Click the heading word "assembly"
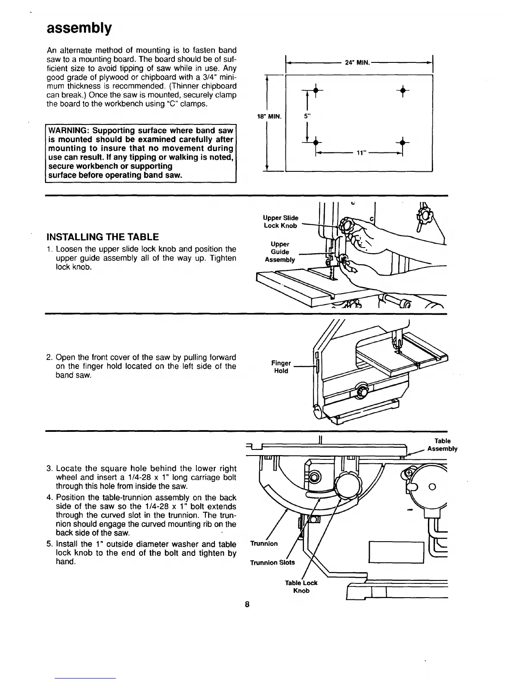[x=79, y=28]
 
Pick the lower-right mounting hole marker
[x=402, y=143]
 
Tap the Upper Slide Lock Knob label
[x=281, y=222]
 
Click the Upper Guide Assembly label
[x=280, y=252]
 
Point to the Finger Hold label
[x=282, y=367]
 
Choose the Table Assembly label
[x=442, y=445]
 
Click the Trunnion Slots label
[x=273, y=563]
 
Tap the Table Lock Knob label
[x=301, y=586]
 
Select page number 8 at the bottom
[x=247, y=604]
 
